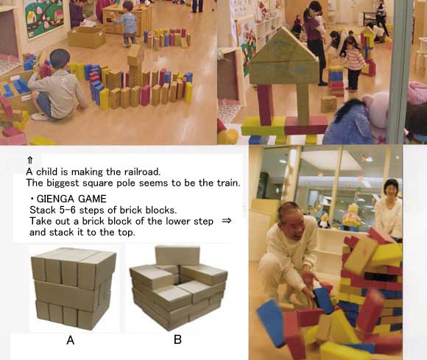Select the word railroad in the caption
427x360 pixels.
[142, 172]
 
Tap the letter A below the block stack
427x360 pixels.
[70, 340]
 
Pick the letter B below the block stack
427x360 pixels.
[177, 339]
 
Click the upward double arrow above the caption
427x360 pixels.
[30, 160]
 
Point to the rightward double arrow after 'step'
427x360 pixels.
[227, 221]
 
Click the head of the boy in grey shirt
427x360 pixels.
[59, 60]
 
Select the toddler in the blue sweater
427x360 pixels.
[127, 24]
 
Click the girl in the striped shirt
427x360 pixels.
[353, 63]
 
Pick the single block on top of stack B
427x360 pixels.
[177, 255]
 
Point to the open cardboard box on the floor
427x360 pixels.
[86, 37]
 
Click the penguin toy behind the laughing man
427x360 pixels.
[324, 221]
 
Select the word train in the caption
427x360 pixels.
[228, 183]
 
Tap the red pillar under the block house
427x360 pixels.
[266, 105]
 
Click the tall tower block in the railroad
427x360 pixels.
[135, 66]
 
